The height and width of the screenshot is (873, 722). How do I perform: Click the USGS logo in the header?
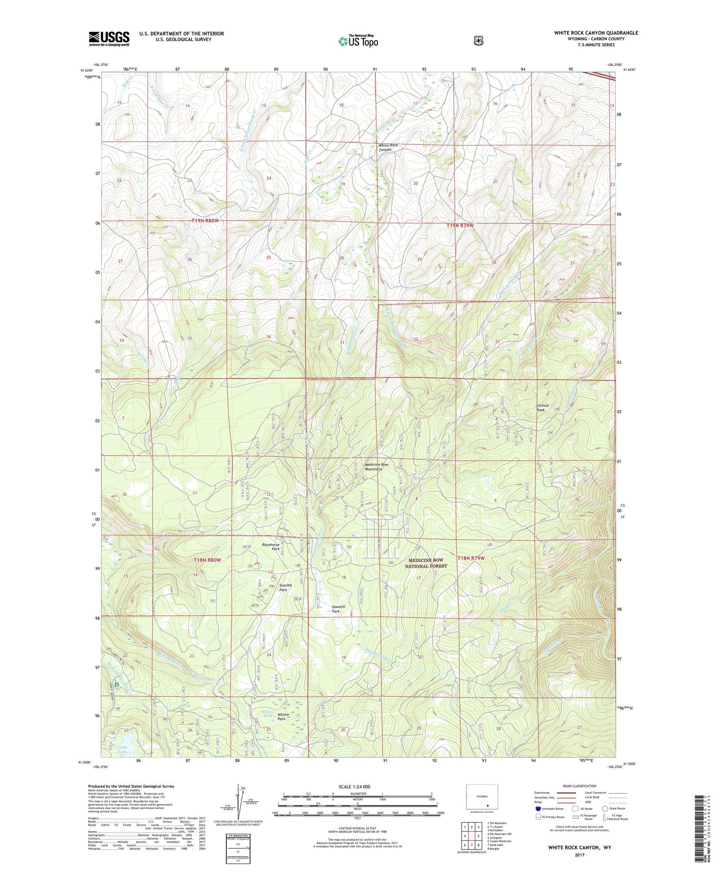(x=109, y=39)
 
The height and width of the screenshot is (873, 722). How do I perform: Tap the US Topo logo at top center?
(x=358, y=41)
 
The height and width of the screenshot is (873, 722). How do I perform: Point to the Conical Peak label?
(x=542, y=407)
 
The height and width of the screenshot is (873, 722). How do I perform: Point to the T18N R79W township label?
(x=471, y=558)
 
